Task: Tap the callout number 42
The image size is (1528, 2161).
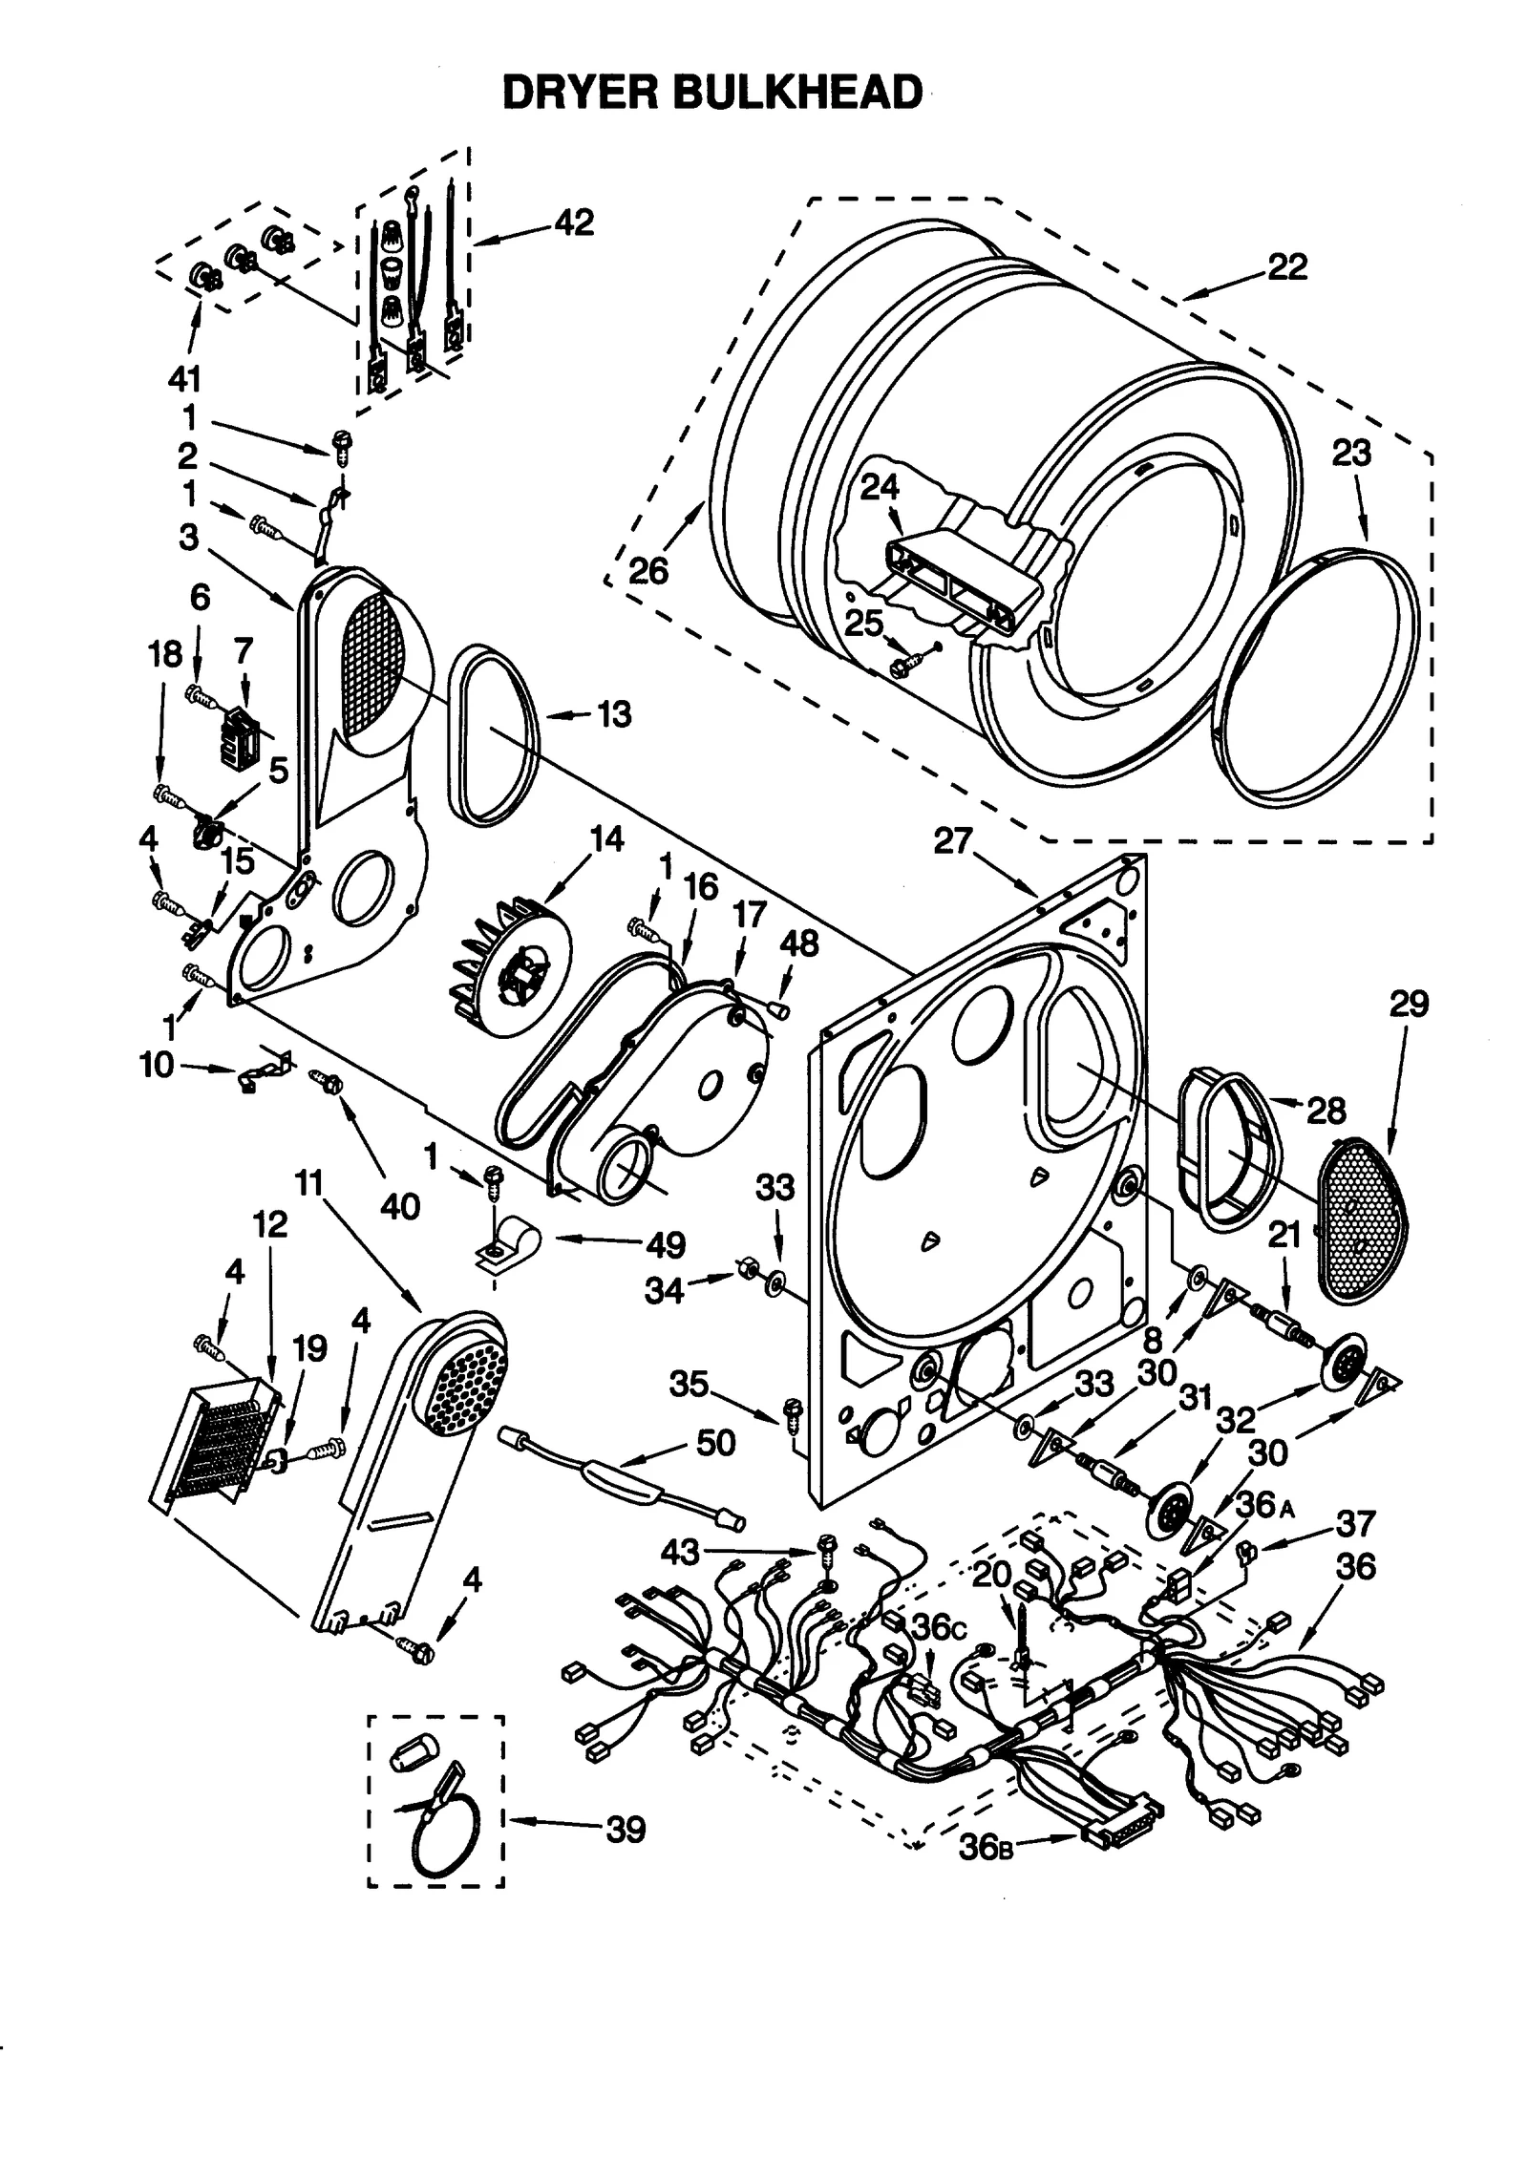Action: tap(574, 222)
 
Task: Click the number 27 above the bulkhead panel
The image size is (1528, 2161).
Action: tap(952, 842)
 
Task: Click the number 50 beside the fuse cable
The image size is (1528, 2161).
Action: tap(714, 1443)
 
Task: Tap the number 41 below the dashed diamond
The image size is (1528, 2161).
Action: tap(184, 379)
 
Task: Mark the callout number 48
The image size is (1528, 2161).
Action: tap(798, 943)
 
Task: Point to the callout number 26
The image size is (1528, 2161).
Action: tap(648, 571)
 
